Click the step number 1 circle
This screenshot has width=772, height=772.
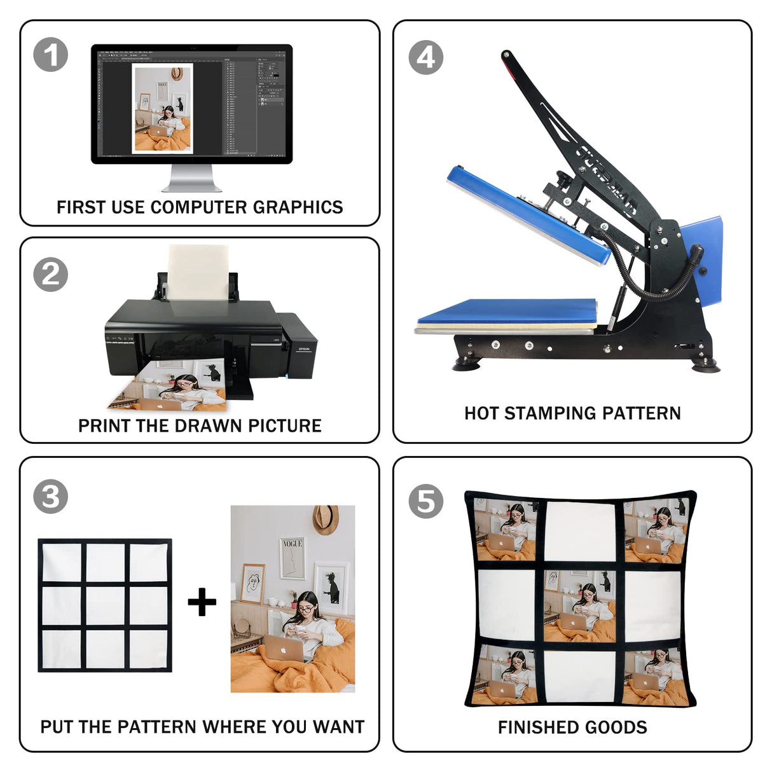tap(51, 55)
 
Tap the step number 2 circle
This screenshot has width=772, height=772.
tap(51, 275)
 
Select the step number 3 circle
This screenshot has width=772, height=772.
tap(51, 496)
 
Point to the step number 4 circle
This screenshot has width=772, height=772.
tap(425, 58)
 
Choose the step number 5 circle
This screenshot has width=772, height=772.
tap(425, 501)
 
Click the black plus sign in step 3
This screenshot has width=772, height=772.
tap(202, 602)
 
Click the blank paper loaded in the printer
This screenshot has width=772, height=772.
tap(198, 271)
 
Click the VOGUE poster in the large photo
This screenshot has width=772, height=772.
tap(292, 558)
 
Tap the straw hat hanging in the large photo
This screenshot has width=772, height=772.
tap(326, 519)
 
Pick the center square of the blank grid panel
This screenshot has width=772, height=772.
tap(105, 605)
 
